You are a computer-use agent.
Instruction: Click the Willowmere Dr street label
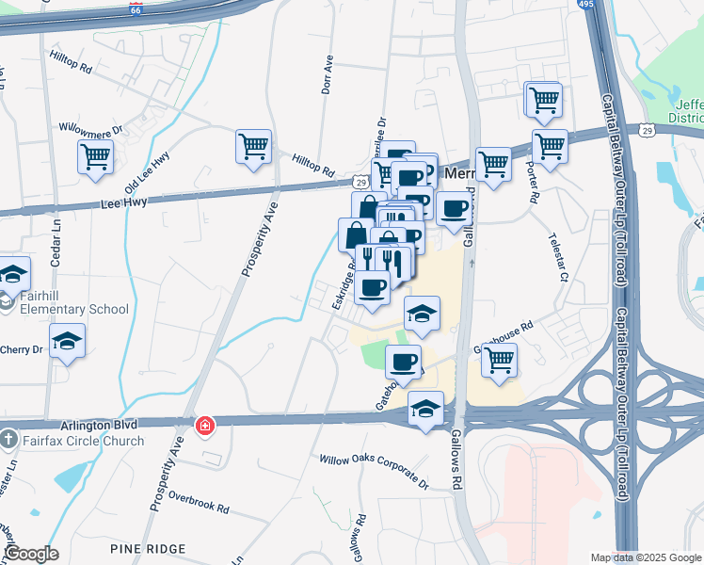(91, 125)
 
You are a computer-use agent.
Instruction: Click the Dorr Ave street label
(328, 74)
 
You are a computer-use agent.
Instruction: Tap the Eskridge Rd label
(343, 285)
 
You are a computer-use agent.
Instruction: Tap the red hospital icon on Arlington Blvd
(202, 426)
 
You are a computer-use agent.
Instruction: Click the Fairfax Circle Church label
(84, 441)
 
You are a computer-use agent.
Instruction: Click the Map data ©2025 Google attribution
(645, 557)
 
